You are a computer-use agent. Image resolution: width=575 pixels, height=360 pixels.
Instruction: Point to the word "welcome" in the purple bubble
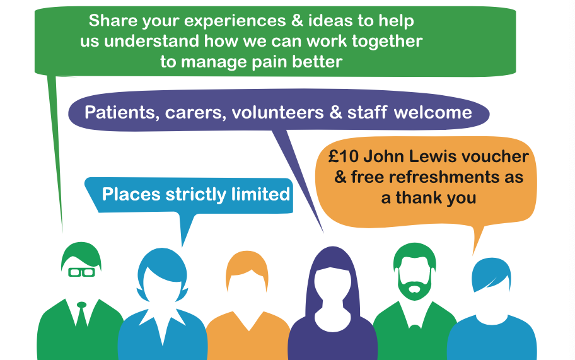point(433,112)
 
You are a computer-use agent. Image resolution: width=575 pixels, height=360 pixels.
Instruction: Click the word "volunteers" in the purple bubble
point(277,112)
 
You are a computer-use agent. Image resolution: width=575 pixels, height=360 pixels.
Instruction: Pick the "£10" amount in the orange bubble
point(343,156)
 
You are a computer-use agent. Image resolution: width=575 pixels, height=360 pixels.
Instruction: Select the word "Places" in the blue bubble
point(131,194)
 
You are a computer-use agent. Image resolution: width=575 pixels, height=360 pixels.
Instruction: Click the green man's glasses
point(81,272)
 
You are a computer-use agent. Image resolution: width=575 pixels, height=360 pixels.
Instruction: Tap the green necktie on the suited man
point(81,315)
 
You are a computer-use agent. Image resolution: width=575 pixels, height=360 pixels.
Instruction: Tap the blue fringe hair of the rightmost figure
point(491,273)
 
